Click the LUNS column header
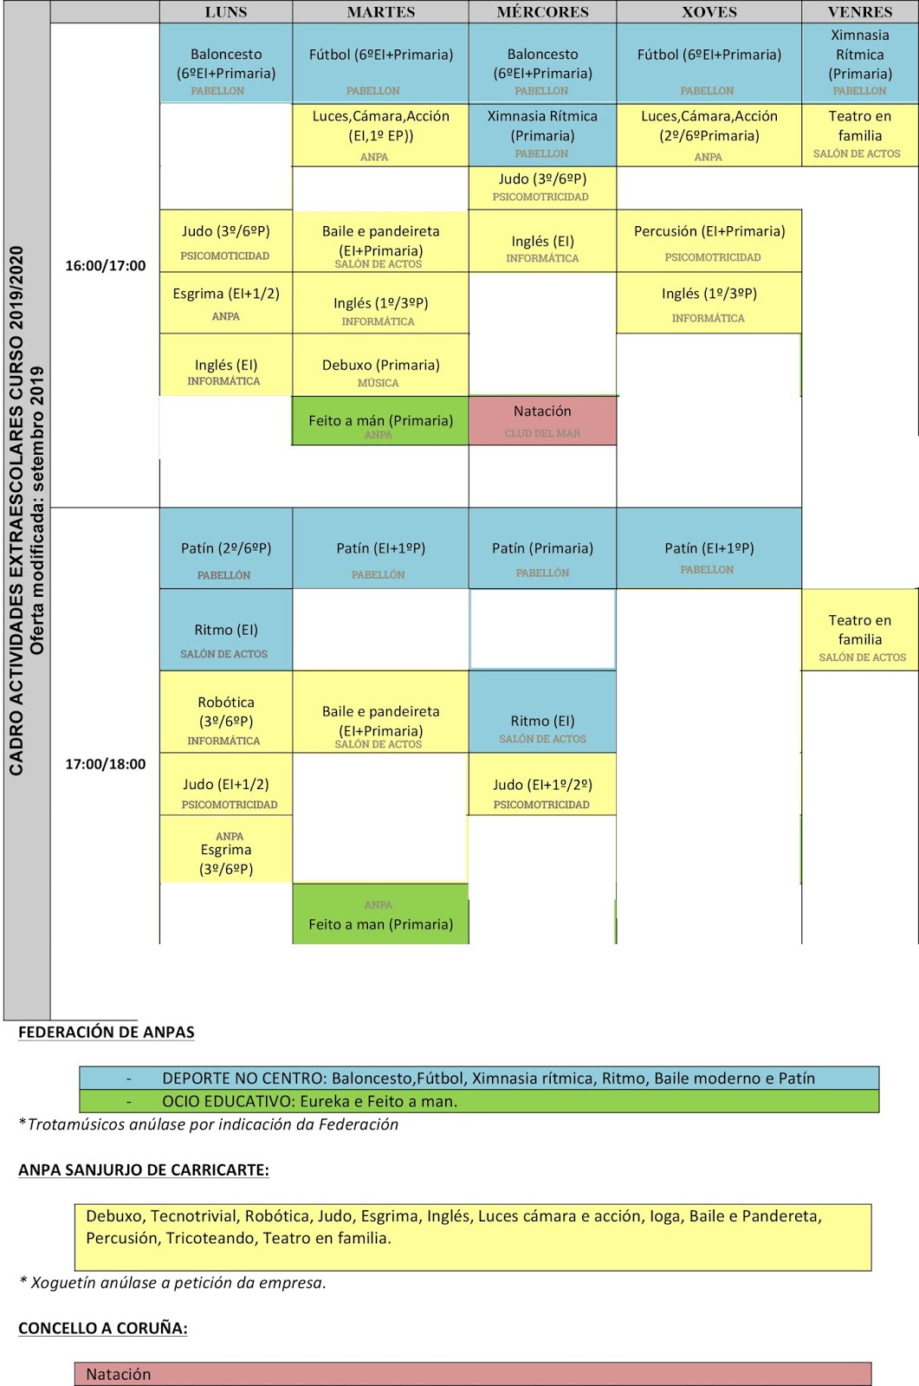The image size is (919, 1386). coord(225,12)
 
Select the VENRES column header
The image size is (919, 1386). coord(859,12)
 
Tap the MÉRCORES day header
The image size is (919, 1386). coord(542,12)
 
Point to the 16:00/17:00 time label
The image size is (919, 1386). coord(106,266)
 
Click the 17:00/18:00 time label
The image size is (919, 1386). coord(106,764)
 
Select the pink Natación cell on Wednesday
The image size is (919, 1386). coord(542,420)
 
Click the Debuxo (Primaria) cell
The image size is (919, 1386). coord(380,366)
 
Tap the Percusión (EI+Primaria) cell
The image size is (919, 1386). coord(709,241)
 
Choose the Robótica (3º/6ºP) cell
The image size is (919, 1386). coord(226,712)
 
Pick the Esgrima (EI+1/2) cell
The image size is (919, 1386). coord(226,302)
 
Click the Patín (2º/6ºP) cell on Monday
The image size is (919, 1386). coord(226,549)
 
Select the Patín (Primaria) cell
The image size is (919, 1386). coord(542,549)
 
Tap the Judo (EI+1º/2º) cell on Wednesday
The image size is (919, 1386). coord(542,785)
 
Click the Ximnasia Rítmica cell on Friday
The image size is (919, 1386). coord(859,61)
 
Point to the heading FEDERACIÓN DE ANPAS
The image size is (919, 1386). coord(107,1033)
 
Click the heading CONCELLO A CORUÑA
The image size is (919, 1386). coord(103,1329)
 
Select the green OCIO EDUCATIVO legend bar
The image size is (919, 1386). coord(479,1102)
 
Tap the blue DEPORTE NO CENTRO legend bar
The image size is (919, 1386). coord(479,1078)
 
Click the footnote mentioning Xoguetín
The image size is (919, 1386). coord(173,1283)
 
